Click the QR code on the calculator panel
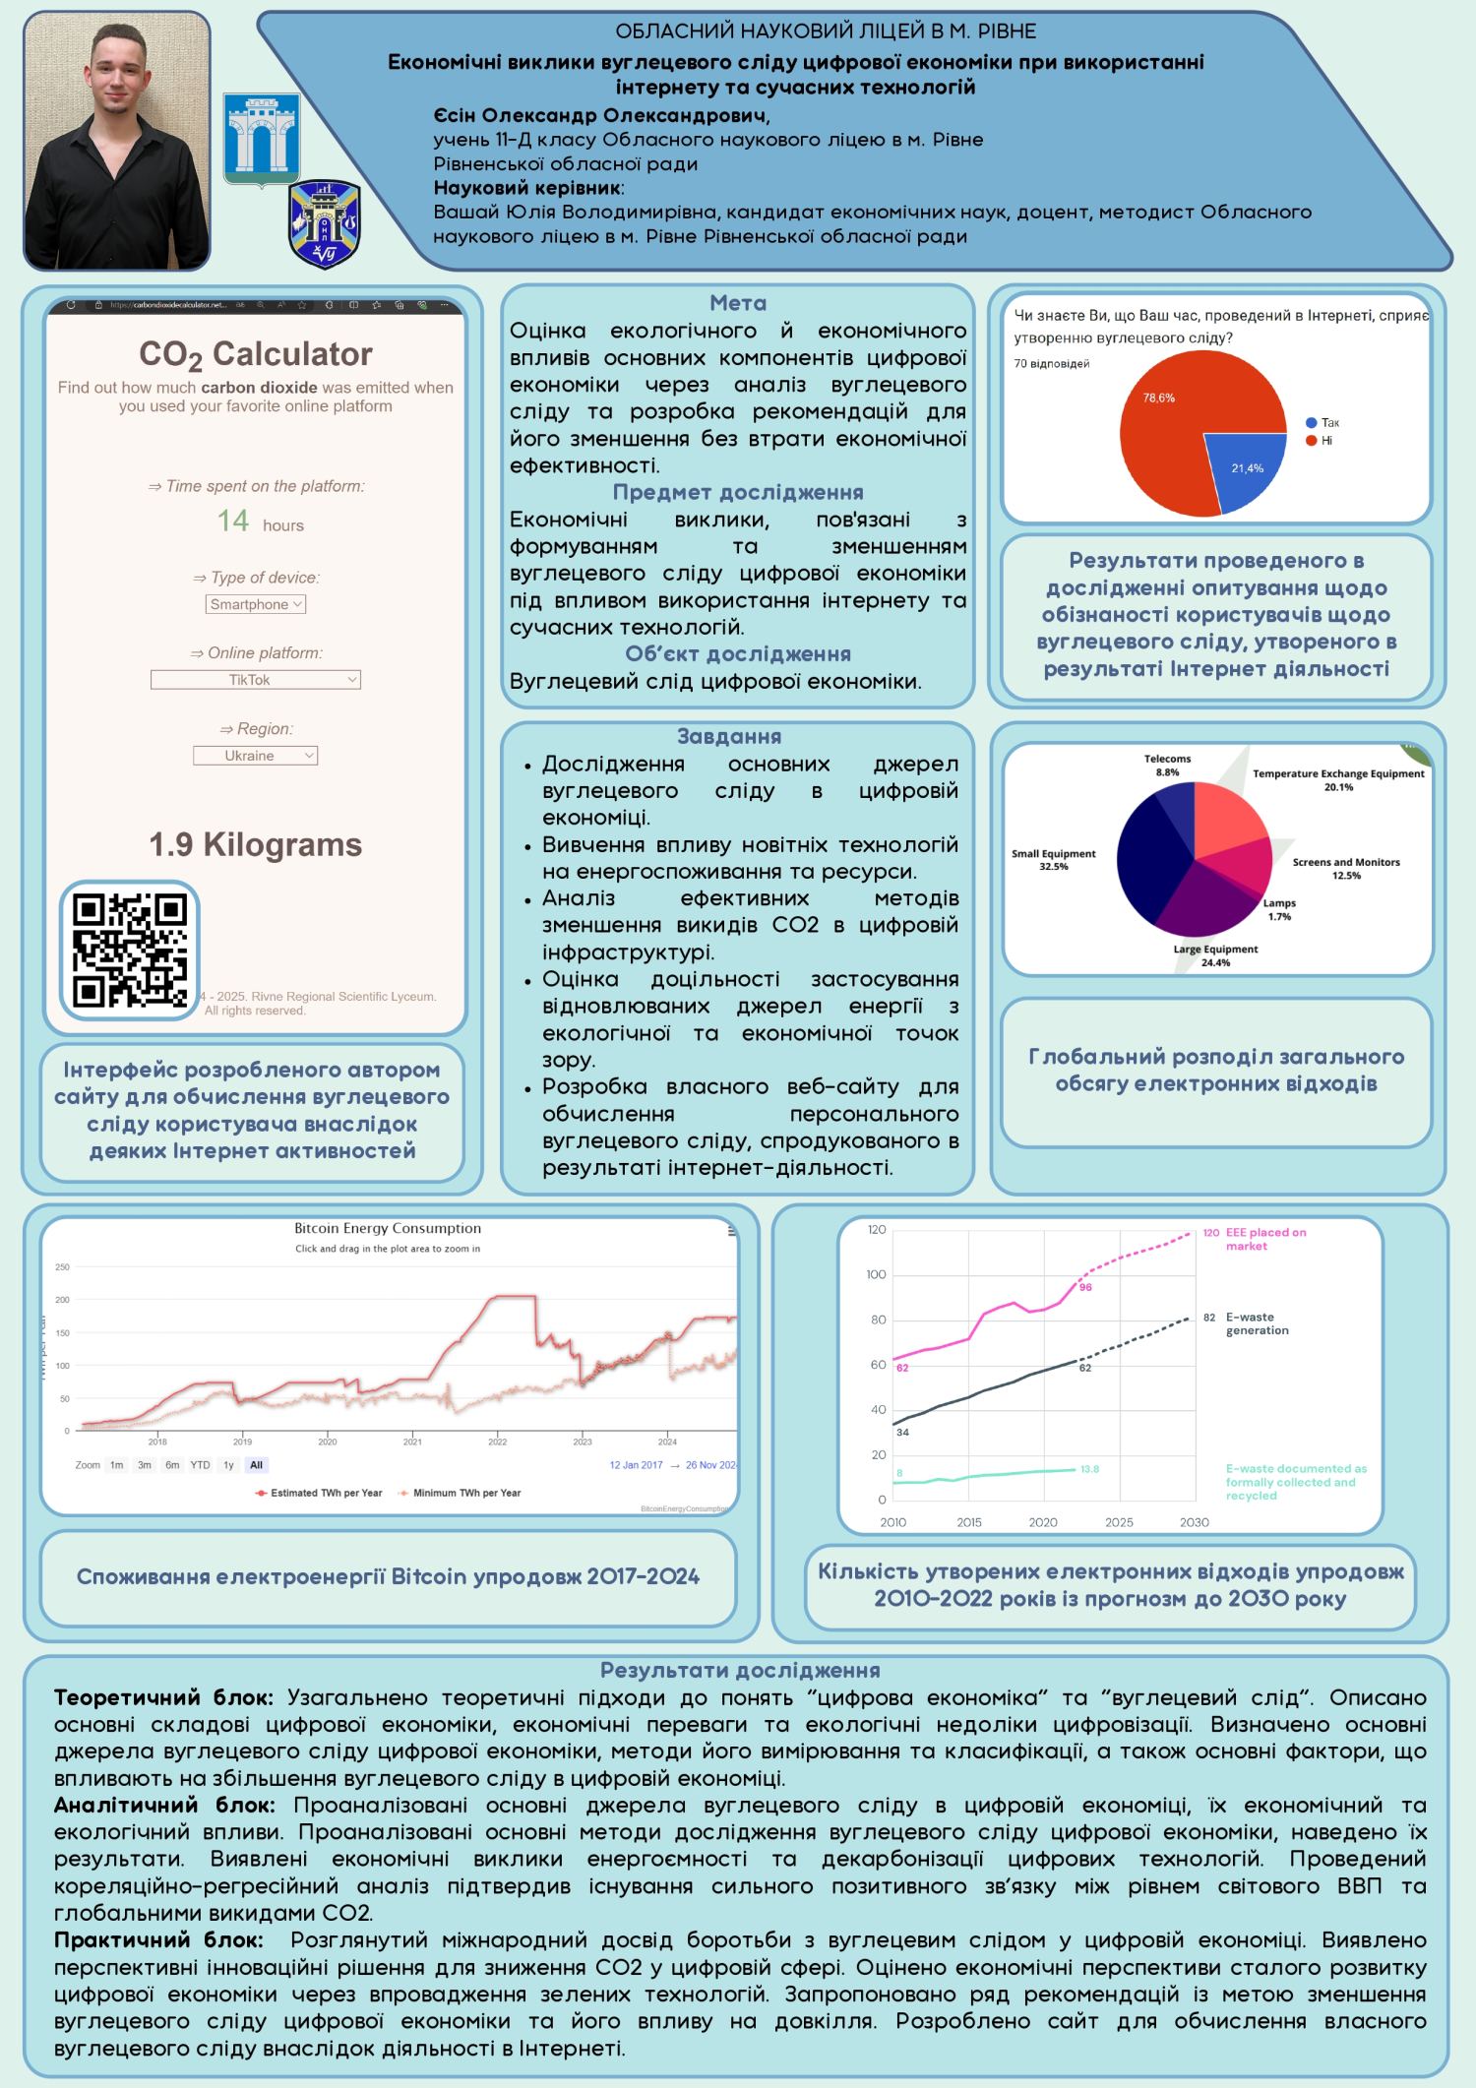pyautogui.click(x=130, y=950)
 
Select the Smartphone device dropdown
pyautogui.click(x=256, y=604)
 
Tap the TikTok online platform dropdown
pyautogui.click(x=256, y=680)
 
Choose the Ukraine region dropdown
pyautogui.click(x=256, y=756)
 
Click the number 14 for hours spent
pyautogui.click(x=233, y=521)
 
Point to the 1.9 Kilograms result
pyautogui.click(x=256, y=844)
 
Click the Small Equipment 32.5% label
pyautogui.click(x=1053, y=860)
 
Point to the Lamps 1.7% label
pyautogui.click(x=1279, y=909)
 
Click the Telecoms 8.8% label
pyautogui.click(x=1167, y=766)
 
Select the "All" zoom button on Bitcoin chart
pyautogui.click(x=257, y=1465)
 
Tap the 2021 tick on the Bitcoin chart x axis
pyautogui.click(x=412, y=1443)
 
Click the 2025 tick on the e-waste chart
pyautogui.click(x=1119, y=1522)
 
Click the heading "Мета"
pyautogui.click(x=738, y=303)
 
